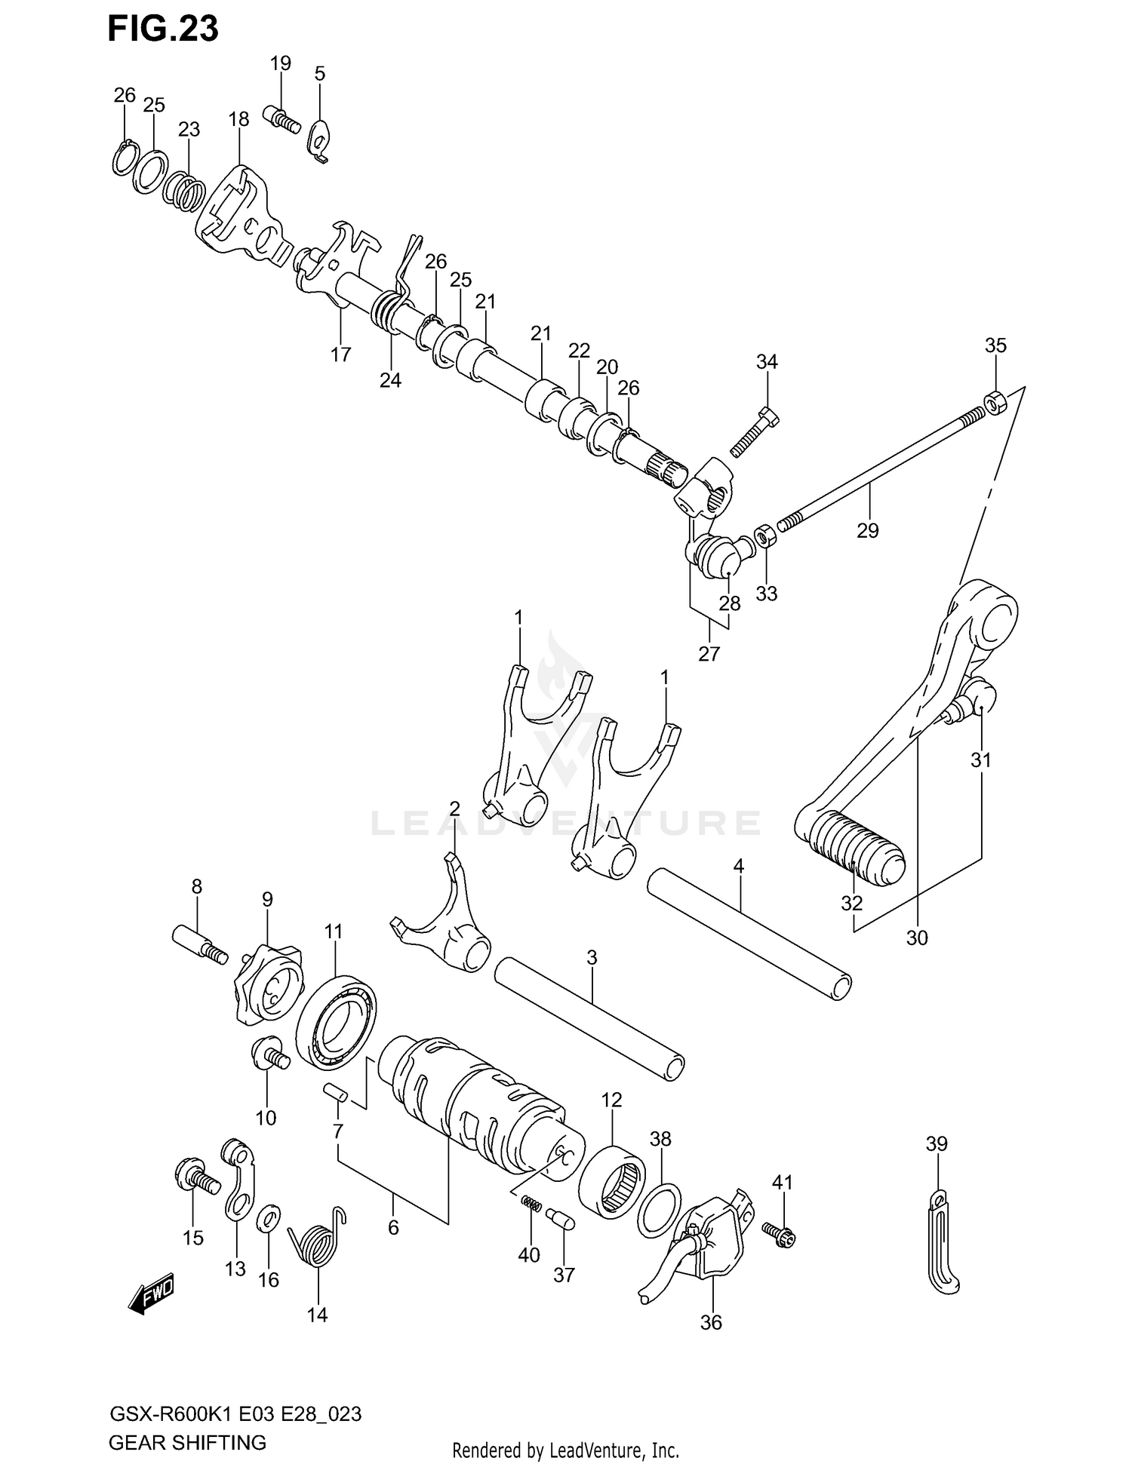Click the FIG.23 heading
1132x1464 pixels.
pyautogui.click(x=163, y=29)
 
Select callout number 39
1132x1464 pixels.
pyautogui.click(x=936, y=1144)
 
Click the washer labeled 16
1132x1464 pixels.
pyautogui.click(x=269, y=1217)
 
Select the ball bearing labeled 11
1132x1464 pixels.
pyautogui.click(x=336, y=1022)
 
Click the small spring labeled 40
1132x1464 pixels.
pyautogui.click(x=531, y=1205)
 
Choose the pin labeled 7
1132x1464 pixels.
pyautogui.click(x=333, y=1092)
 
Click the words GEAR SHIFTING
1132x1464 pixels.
pyautogui.click(x=188, y=1442)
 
